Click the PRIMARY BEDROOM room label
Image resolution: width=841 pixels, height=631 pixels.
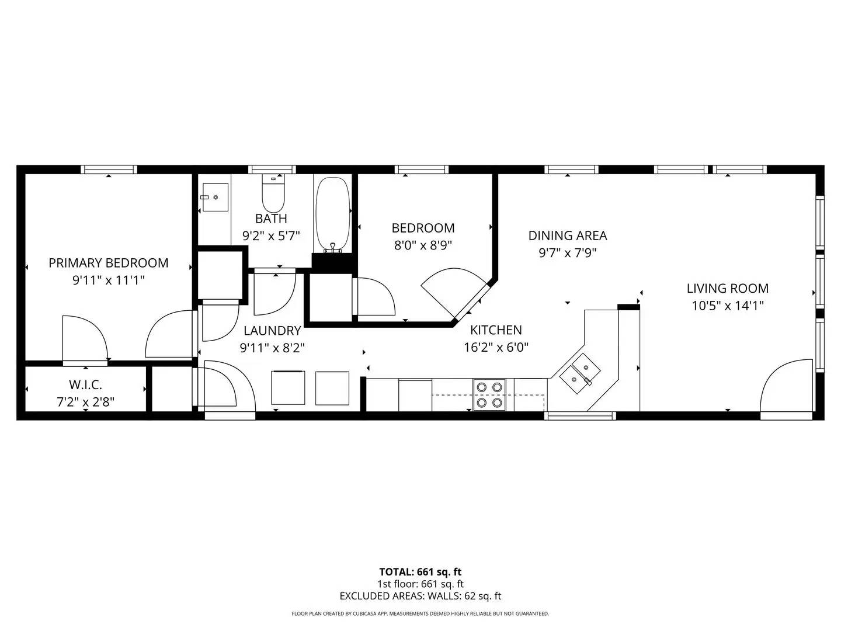(108, 263)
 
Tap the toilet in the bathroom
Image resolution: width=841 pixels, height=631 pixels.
(273, 195)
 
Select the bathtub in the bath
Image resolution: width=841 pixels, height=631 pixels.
(333, 213)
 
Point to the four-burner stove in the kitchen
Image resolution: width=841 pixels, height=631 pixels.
(489, 394)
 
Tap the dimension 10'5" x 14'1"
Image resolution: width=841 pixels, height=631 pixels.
(728, 305)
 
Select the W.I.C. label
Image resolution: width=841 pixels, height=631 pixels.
(85, 385)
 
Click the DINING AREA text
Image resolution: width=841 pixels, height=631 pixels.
(568, 235)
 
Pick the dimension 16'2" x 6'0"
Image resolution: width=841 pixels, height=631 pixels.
(496, 348)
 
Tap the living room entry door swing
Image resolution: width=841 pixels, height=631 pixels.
(786, 389)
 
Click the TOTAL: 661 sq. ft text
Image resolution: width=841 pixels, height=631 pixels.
(420, 572)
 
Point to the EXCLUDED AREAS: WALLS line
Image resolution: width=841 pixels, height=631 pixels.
(420, 596)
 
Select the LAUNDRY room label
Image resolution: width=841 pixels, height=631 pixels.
(272, 331)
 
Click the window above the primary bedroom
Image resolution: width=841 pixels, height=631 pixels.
(109, 169)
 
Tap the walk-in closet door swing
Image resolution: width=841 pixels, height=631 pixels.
(85, 339)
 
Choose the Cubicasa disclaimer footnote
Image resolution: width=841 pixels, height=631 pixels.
(420, 613)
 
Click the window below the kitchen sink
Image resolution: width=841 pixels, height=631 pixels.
(581, 415)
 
